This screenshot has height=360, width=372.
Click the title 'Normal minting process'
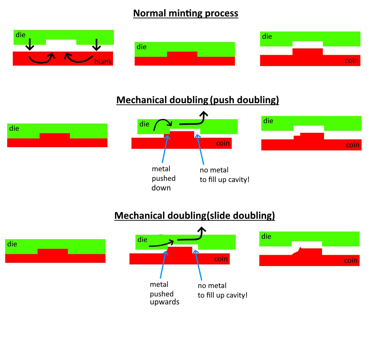[185, 13]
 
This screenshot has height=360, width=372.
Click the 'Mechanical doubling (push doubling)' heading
[198, 100]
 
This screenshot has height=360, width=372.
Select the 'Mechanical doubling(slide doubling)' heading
[195, 216]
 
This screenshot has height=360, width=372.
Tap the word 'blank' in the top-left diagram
[103, 62]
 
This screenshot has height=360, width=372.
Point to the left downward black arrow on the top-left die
[30, 44]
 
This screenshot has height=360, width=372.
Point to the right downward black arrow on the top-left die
[96, 45]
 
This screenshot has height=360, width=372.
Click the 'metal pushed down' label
[163, 178]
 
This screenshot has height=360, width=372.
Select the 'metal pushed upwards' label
[165, 293]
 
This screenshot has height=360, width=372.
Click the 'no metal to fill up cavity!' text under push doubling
[225, 175]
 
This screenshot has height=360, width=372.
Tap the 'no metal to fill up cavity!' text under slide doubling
[223, 290]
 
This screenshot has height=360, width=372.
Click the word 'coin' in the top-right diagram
[351, 60]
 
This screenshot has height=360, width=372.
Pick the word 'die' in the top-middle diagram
[141, 47]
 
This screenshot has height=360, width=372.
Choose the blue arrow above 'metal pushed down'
[165, 149]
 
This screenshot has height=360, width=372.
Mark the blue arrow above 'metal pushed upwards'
[164, 264]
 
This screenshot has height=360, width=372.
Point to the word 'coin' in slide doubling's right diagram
[351, 260]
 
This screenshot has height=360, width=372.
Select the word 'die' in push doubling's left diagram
[14, 128]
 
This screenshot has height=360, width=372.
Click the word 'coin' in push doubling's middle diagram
[223, 143]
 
